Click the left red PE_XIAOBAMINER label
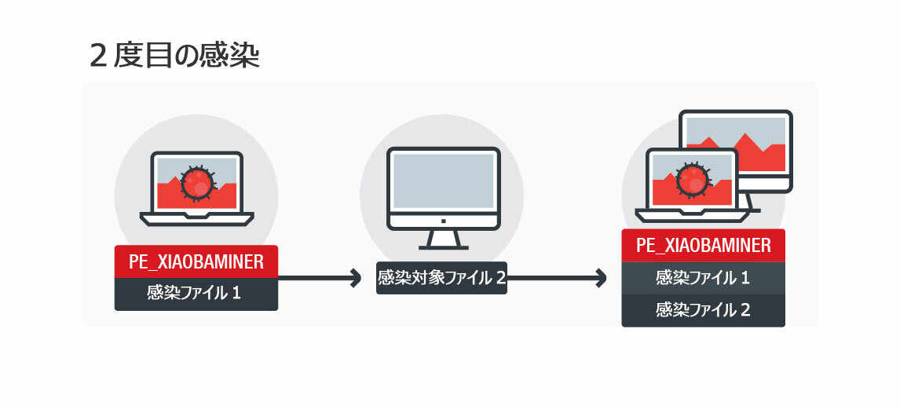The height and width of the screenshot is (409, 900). click(x=196, y=261)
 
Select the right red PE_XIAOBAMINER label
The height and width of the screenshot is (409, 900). click(x=703, y=245)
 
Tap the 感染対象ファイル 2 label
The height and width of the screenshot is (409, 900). click(x=441, y=278)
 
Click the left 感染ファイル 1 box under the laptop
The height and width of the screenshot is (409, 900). click(x=196, y=294)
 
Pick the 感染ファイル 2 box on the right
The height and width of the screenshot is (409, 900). click(x=703, y=310)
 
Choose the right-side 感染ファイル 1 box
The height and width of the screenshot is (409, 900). click(x=703, y=278)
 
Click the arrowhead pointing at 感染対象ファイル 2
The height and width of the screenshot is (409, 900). click(x=354, y=278)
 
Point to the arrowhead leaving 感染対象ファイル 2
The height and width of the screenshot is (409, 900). click(x=601, y=278)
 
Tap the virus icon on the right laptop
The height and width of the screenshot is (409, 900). click(x=692, y=179)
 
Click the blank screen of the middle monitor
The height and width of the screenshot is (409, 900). click(x=443, y=180)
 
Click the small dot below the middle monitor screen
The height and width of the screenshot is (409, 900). click(x=443, y=221)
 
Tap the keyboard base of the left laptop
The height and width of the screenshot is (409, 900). click(x=196, y=218)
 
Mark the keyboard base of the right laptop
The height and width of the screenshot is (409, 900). click(x=691, y=214)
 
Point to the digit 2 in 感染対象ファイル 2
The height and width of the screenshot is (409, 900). click(x=499, y=278)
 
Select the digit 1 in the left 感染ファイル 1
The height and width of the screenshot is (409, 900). click(x=236, y=294)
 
